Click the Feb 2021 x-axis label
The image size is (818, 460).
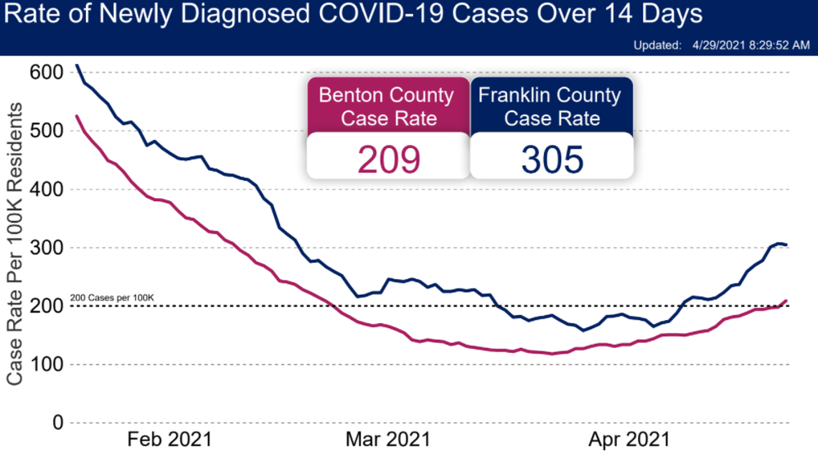click(x=170, y=438)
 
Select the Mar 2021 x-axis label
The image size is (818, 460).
click(x=388, y=438)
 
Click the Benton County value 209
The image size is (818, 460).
click(x=388, y=159)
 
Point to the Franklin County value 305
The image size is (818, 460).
click(x=552, y=159)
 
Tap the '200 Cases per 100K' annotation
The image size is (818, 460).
click(x=113, y=298)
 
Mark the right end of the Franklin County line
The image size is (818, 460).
click(x=787, y=245)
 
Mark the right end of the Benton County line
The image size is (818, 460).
click(x=787, y=301)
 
